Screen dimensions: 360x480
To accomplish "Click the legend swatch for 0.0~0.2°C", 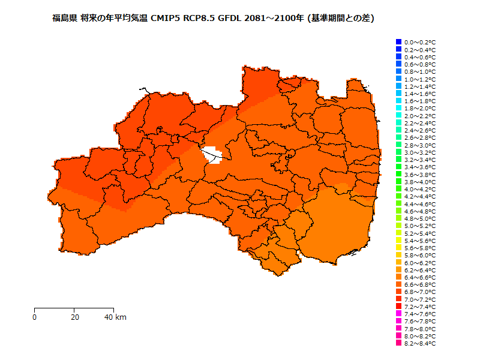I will [x=398, y=42].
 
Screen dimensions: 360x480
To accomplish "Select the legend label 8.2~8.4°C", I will [x=420, y=344].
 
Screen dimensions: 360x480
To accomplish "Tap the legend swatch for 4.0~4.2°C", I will [x=398, y=189].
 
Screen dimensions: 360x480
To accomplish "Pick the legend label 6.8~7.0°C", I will [x=420, y=292].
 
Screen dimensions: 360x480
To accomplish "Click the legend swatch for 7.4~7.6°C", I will [x=398, y=314].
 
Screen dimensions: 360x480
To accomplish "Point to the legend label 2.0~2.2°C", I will [x=420, y=116].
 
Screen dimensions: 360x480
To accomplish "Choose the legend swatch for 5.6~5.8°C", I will [x=398, y=248].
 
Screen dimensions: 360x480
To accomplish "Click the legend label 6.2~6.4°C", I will [x=420, y=270].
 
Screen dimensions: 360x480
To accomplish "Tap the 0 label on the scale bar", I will [x=35, y=317].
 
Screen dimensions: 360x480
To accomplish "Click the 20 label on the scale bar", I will [x=74, y=317].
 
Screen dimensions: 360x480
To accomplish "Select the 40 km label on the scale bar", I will [x=115, y=317].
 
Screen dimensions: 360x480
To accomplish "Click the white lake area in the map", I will [x=212, y=155].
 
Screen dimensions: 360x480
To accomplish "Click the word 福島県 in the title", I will [x=64, y=19].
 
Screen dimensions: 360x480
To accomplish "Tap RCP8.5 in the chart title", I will [x=196, y=19].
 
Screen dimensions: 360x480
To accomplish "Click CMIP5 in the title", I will [x=163, y=19].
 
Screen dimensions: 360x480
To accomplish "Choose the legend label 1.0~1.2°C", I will [x=420, y=79].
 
